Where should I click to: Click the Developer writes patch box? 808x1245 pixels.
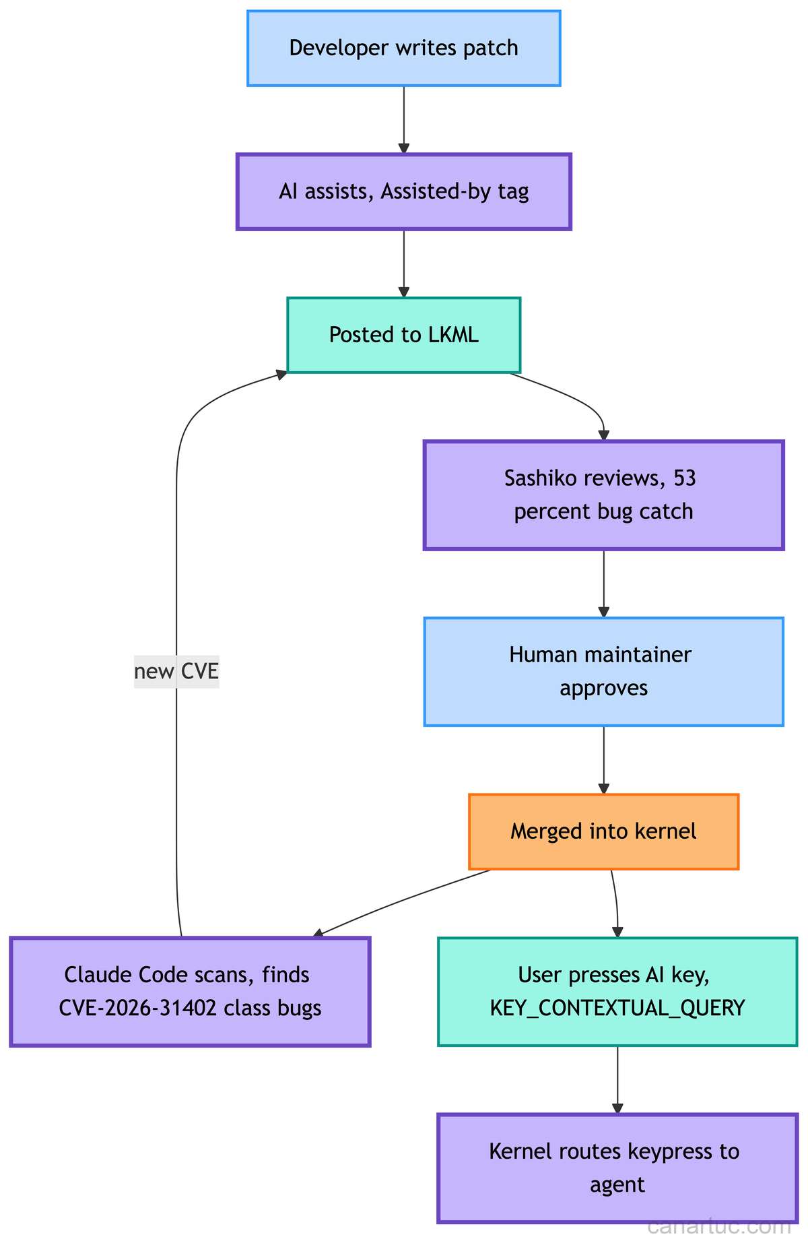tap(403, 49)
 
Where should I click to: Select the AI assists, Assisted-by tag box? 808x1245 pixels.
tap(403, 192)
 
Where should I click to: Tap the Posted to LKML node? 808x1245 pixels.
tap(403, 335)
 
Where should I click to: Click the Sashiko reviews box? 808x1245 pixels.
tap(603, 495)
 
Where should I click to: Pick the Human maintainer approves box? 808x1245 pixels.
tap(603, 671)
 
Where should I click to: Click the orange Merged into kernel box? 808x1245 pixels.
tap(603, 831)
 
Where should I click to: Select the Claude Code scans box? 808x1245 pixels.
tap(190, 991)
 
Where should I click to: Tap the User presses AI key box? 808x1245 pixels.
tap(617, 991)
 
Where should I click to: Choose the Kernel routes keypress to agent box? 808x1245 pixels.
tap(617, 1168)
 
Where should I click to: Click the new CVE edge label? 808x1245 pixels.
tap(176, 672)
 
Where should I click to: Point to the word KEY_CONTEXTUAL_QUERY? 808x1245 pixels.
tap(617, 1008)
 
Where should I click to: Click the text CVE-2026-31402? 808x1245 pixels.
tap(133, 1008)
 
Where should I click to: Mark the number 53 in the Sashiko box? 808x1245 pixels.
tap(684, 478)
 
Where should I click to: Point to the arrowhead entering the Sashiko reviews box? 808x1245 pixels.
tap(603, 436)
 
